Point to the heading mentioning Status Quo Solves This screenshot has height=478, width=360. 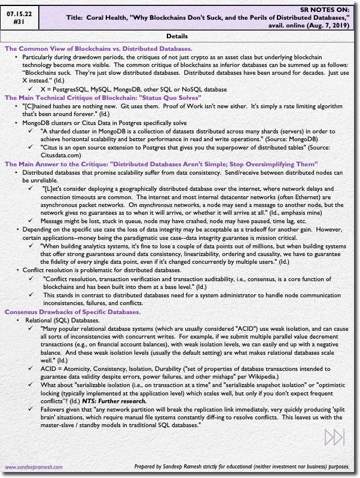pyautogui.click(x=111, y=97)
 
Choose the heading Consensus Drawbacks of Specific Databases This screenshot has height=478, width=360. pyautogui.click(x=72, y=312)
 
